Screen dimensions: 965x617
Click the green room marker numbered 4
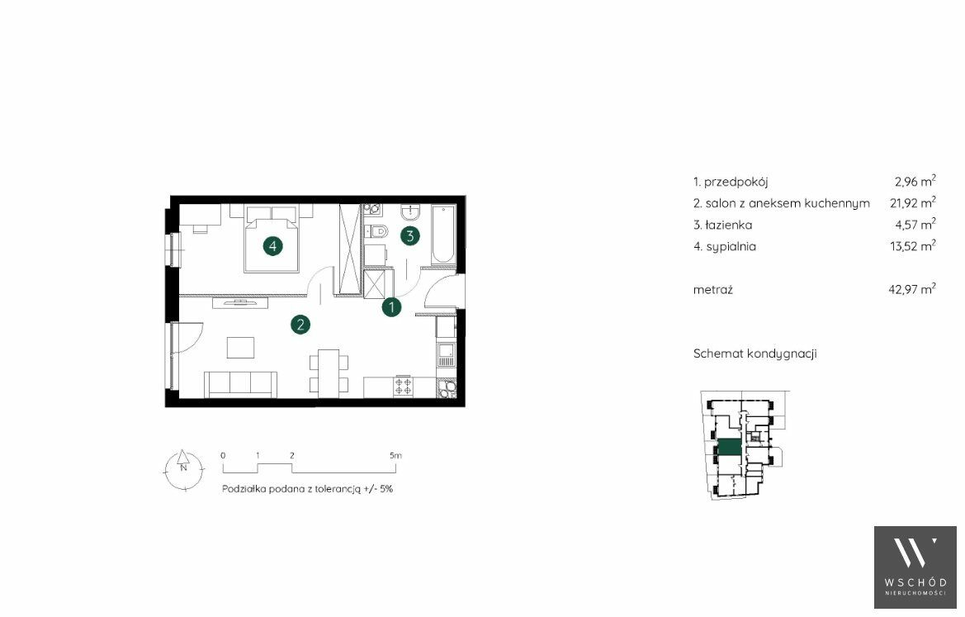tap(272, 246)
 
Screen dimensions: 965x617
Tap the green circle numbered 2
tap(300, 325)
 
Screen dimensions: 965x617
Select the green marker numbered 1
tap(391, 306)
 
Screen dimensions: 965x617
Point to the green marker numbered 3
tap(410, 235)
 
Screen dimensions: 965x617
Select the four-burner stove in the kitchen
tap(404, 386)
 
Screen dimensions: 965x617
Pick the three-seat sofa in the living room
tap(240, 384)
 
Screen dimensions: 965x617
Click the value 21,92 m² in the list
tap(913, 202)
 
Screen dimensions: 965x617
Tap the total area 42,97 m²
tap(912, 289)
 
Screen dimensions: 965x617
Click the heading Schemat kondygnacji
tap(755, 354)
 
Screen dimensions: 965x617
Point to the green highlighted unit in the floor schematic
tap(731, 448)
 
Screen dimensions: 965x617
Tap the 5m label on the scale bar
tap(395, 456)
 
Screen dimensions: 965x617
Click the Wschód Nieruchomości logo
tap(915, 567)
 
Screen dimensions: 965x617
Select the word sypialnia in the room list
tap(731, 247)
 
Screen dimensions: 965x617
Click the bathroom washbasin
tap(410, 212)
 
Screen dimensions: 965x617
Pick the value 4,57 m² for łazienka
tap(915, 225)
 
